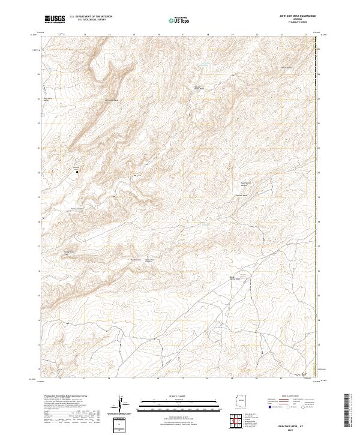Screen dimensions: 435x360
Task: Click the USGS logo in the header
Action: pyautogui.click(x=55, y=19)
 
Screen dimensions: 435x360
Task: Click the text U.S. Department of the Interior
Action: pyautogui.click(x=91, y=17)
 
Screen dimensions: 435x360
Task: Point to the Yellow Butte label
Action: pyautogui.click(x=287, y=68)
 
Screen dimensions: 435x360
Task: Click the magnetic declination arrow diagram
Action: pyautogui.click(x=121, y=405)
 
